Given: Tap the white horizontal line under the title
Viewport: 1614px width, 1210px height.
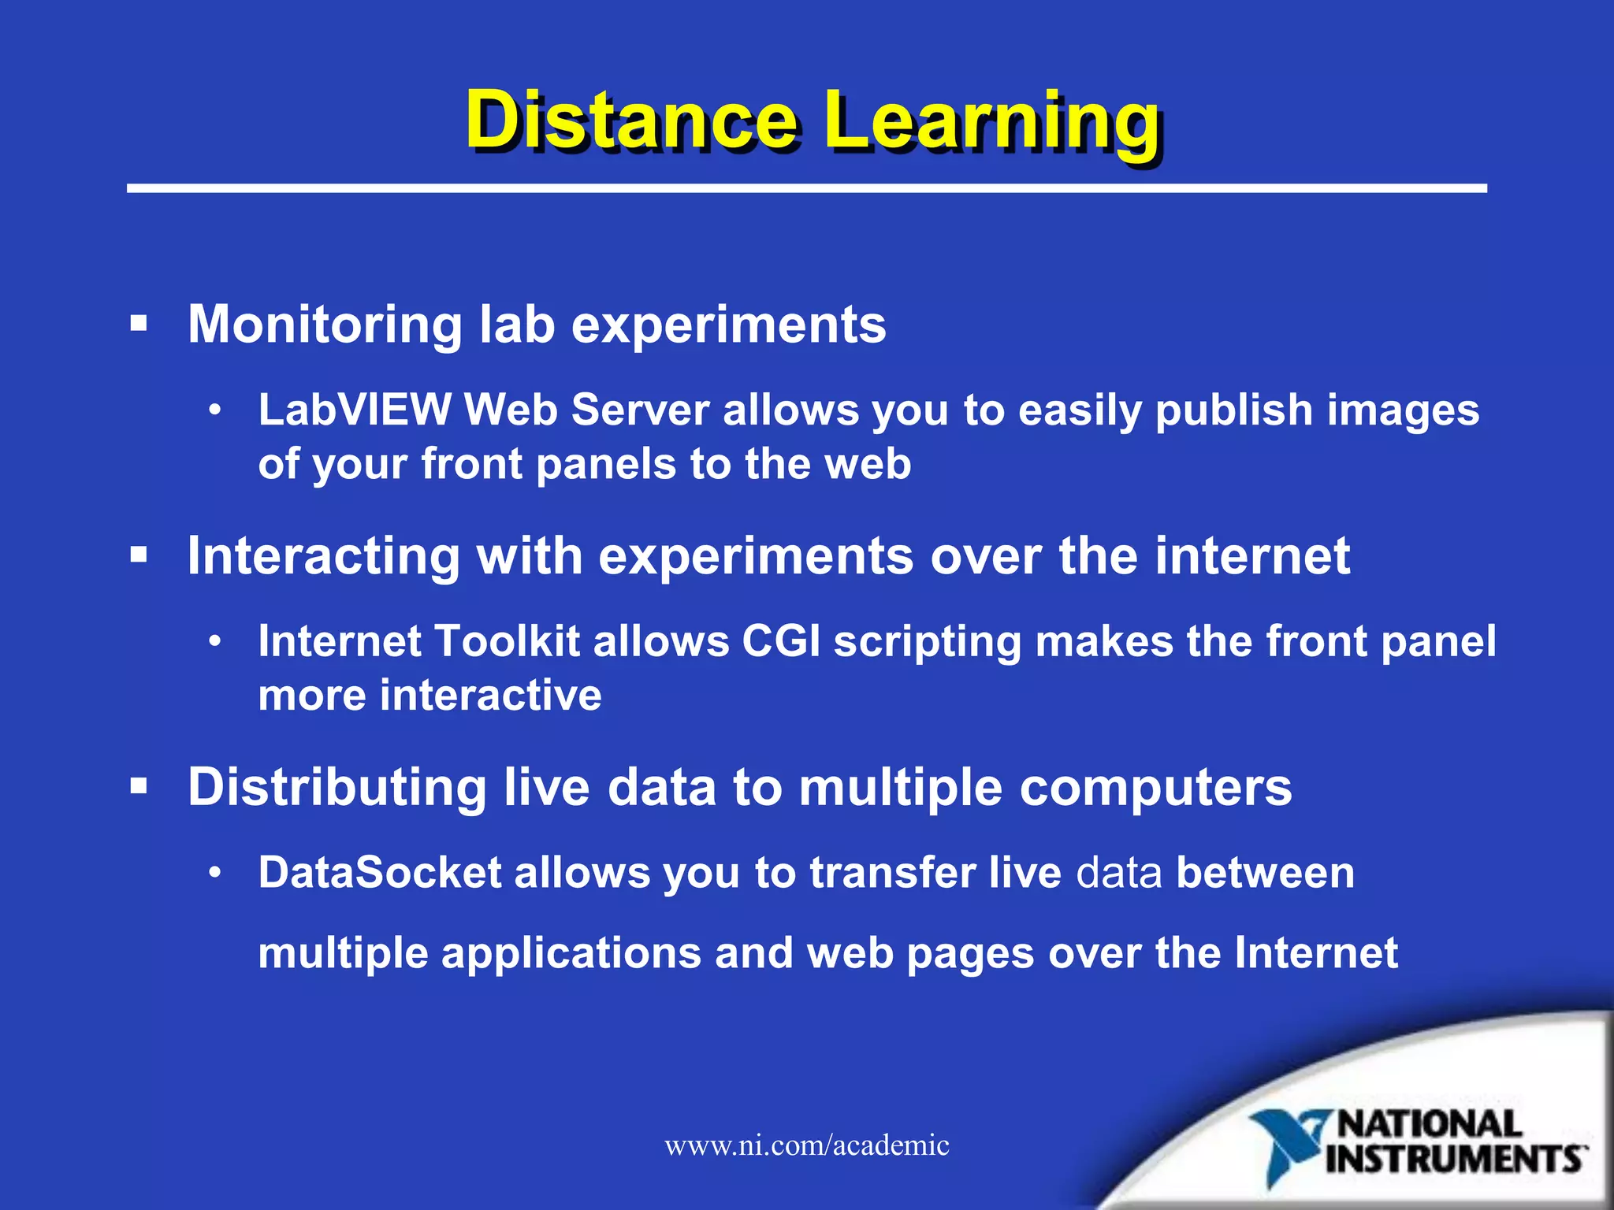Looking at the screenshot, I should [x=806, y=188].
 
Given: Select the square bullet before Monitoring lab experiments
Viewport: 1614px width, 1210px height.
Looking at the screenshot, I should [x=139, y=324].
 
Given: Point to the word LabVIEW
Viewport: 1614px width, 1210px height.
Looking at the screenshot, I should [x=354, y=410].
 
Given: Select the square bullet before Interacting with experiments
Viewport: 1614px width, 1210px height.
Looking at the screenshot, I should [x=139, y=555].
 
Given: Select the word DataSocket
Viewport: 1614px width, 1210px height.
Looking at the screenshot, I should [x=380, y=873].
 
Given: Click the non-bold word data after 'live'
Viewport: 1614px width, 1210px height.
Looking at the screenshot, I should [x=1118, y=873].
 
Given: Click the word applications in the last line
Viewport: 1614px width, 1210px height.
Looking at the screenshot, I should [x=571, y=953].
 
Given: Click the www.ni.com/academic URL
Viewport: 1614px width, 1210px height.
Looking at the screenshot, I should [x=806, y=1145].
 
